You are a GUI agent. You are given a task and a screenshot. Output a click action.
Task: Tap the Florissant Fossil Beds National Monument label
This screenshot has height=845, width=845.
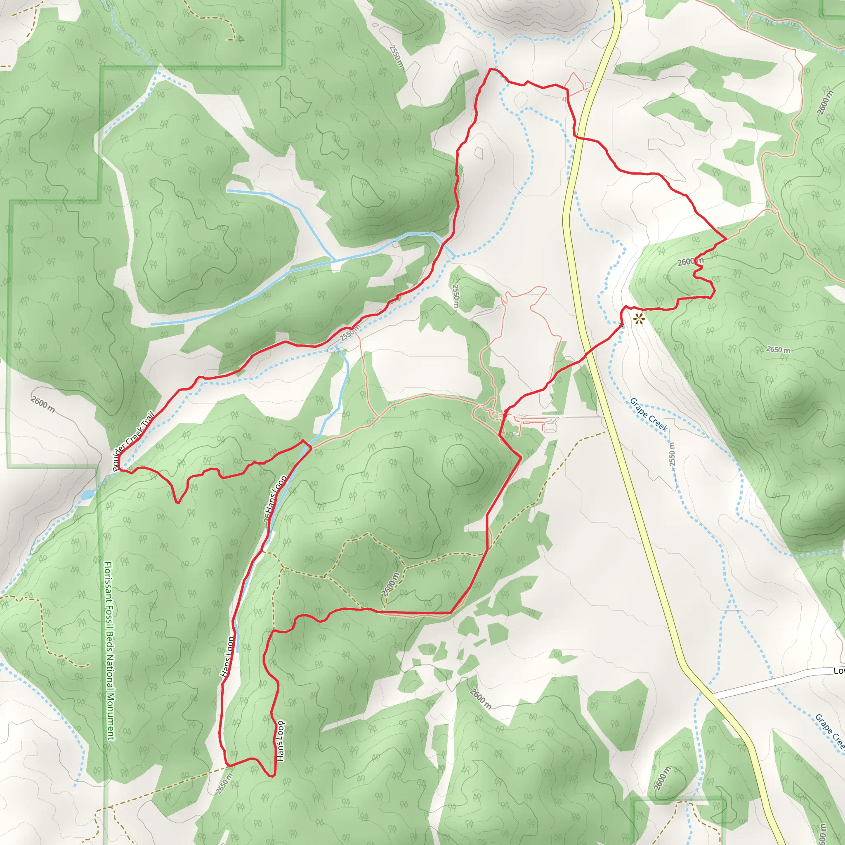tap(109, 651)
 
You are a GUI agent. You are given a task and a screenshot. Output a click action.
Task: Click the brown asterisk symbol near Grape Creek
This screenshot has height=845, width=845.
tap(639, 319)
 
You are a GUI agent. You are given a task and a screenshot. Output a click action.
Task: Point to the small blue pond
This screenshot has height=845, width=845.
tap(87, 495)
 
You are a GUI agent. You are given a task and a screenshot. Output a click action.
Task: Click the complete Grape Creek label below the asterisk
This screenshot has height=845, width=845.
tap(649, 415)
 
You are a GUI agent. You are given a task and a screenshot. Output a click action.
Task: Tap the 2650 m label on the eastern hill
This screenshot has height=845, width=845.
tap(778, 349)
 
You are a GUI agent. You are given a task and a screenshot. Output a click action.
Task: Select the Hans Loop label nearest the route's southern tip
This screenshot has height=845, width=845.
tap(280, 741)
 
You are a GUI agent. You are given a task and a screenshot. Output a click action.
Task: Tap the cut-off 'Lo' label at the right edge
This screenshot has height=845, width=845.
tap(839, 671)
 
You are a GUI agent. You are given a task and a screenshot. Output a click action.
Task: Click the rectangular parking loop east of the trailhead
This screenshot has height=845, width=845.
tap(549, 425)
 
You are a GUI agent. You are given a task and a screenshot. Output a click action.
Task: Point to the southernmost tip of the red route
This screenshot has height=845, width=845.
tap(271, 777)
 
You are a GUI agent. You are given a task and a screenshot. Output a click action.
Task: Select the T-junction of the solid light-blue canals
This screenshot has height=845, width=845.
tap(335, 261)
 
